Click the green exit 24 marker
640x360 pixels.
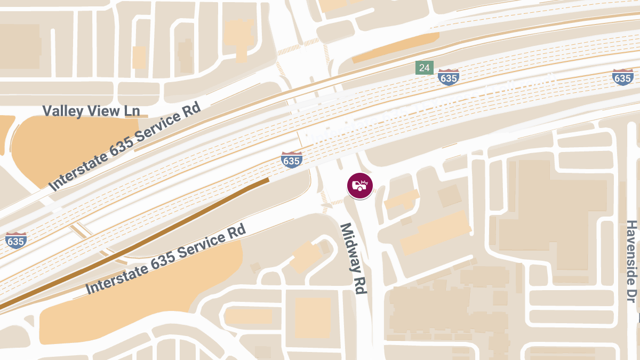[x=425, y=68]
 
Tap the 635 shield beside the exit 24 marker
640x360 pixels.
[x=449, y=77]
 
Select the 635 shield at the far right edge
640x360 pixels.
[x=623, y=77]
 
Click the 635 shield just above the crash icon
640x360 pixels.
[x=292, y=159]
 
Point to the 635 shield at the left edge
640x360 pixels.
[x=15, y=241]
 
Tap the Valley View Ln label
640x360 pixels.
[x=91, y=111]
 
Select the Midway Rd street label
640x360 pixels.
[x=354, y=258]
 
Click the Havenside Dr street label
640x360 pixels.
[x=632, y=261]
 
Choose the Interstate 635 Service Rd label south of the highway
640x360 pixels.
[x=166, y=259]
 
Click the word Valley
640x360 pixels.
[x=61, y=111]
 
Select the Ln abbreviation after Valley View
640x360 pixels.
[x=132, y=111]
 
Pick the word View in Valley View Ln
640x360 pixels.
[x=101, y=111]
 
